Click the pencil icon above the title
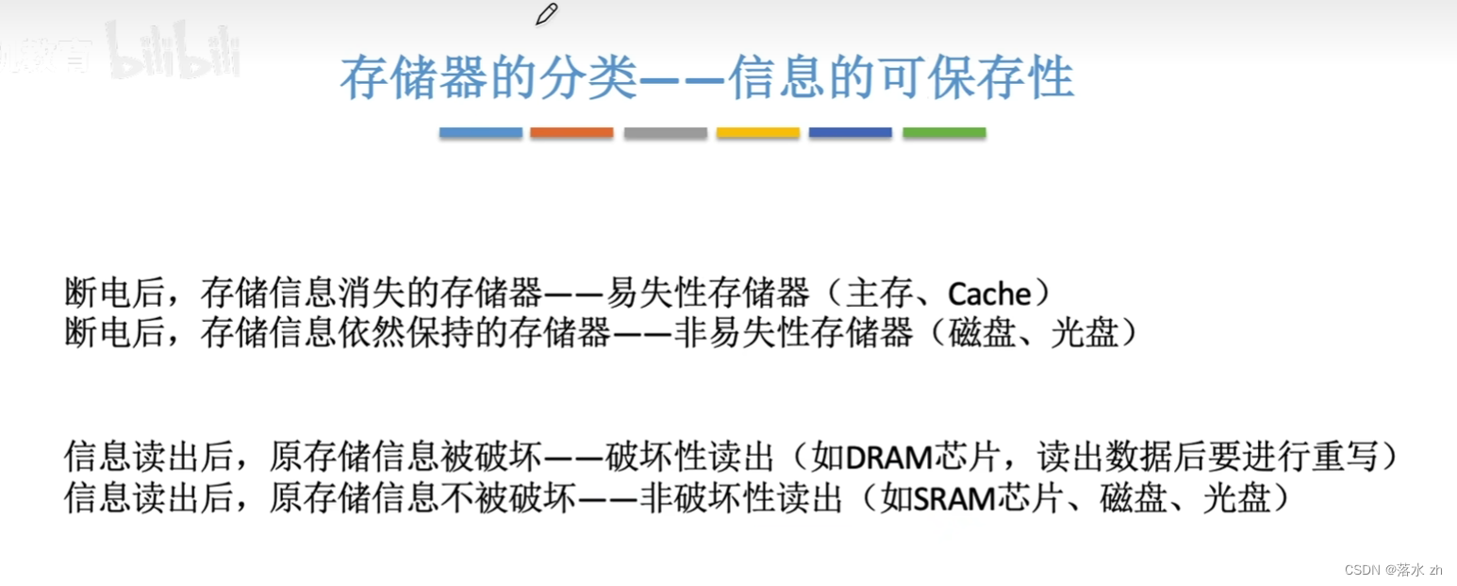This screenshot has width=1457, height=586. (546, 14)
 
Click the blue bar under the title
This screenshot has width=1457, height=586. (480, 133)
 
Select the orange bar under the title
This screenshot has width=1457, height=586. (571, 133)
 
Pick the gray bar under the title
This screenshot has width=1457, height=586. (665, 133)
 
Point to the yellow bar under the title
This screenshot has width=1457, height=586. (757, 133)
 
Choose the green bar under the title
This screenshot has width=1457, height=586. (944, 133)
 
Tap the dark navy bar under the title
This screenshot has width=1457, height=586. (850, 133)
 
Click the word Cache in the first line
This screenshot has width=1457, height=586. (988, 294)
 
